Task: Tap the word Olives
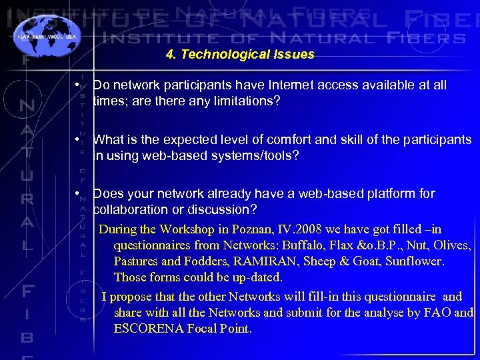451,245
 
